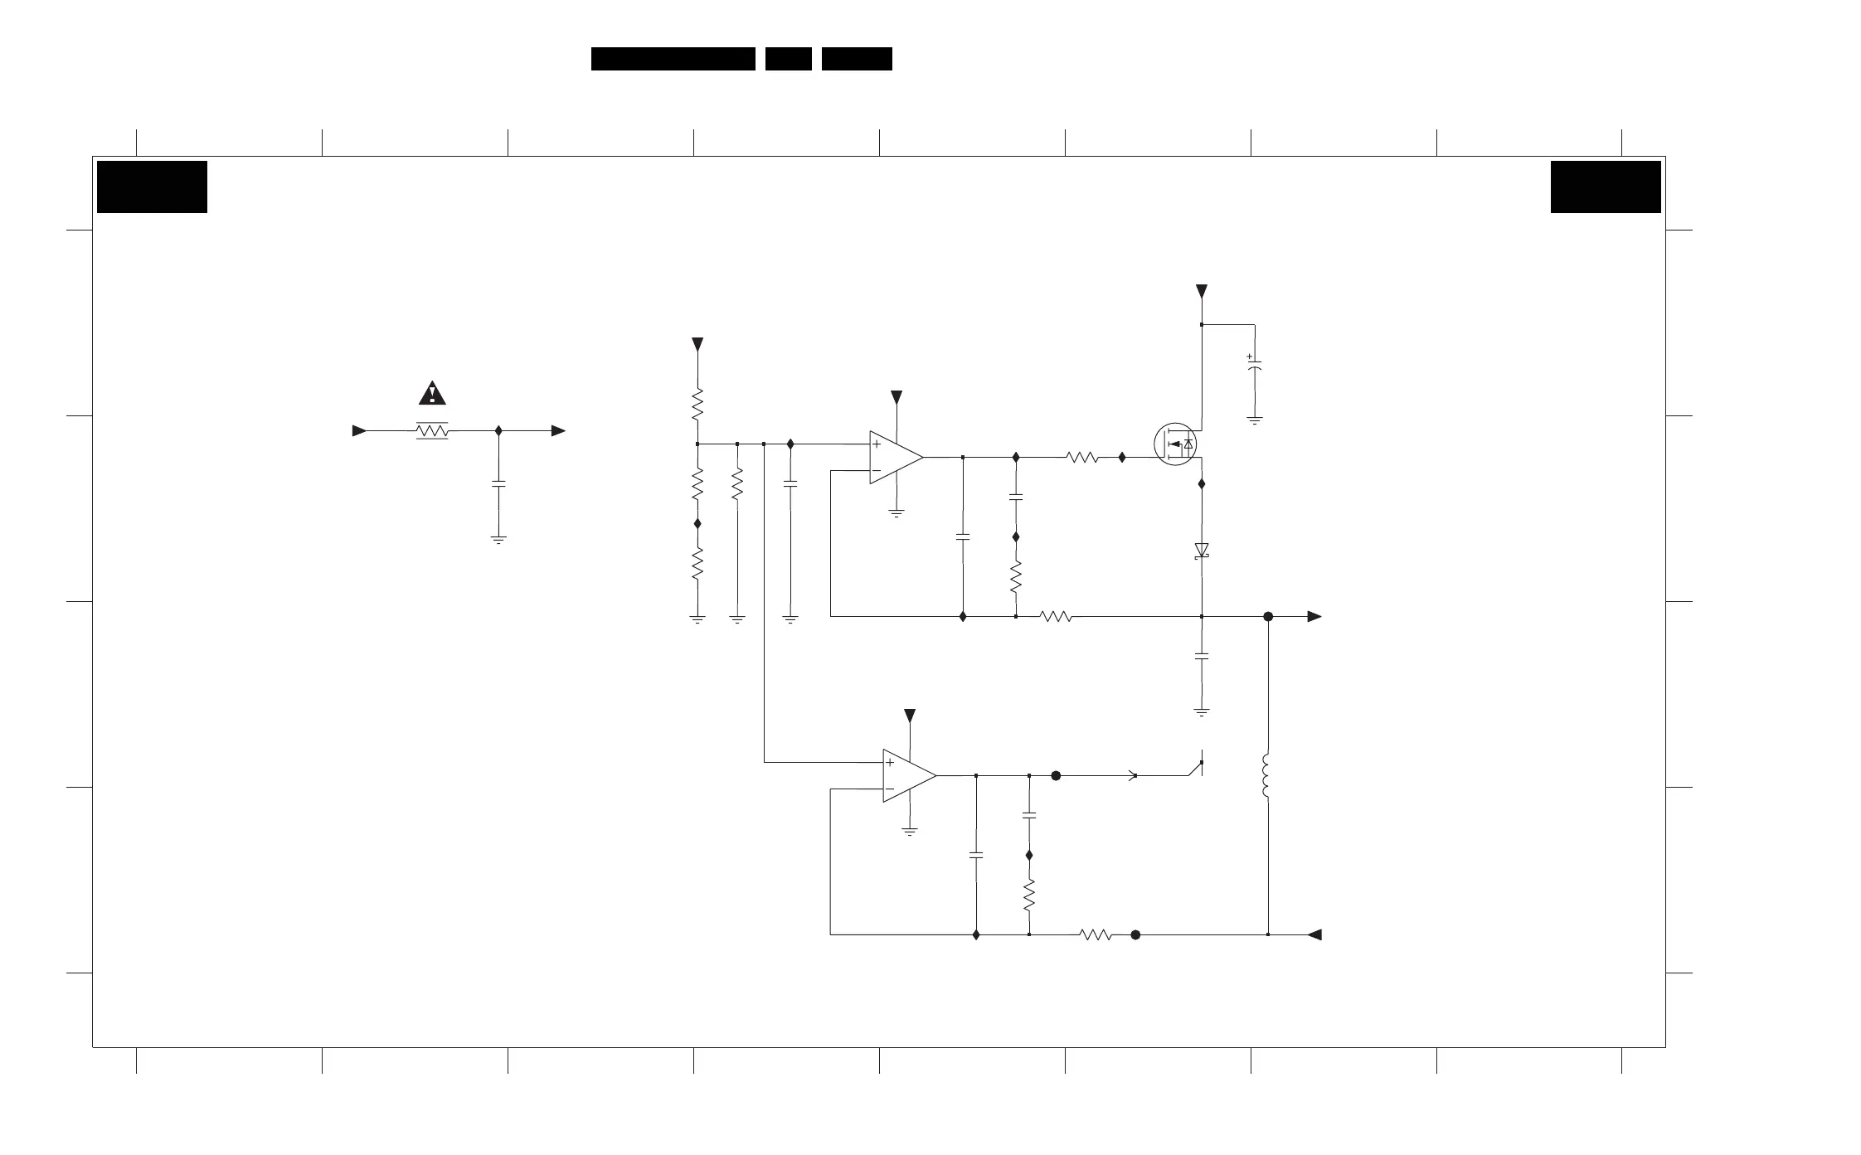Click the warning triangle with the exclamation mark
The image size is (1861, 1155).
pos(432,393)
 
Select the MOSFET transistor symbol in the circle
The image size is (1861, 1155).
pos(1175,444)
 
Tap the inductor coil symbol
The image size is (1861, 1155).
pos(1266,776)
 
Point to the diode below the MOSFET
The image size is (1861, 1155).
pos(1202,550)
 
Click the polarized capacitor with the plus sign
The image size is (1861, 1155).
pos(1255,364)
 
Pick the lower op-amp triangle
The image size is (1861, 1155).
pos(908,776)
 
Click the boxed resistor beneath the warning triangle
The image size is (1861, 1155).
pos(432,431)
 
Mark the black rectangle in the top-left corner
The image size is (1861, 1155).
pos(152,187)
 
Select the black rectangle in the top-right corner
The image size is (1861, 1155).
pos(1606,187)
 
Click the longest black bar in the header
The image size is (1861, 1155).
pos(673,59)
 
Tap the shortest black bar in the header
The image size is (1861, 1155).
pos(788,59)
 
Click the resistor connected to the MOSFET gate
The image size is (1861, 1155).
pos(1082,457)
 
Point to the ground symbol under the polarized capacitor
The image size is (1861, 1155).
pos(1255,421)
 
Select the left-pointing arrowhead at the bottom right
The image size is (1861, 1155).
pos(1314,935)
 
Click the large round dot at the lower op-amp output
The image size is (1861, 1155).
pos(1056,776)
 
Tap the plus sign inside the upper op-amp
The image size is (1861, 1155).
pos(877,444)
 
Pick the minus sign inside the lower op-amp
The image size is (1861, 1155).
pos(890,789)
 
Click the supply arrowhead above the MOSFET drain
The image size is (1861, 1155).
pos(1202,291)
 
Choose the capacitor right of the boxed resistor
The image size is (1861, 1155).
pos(498,483)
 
